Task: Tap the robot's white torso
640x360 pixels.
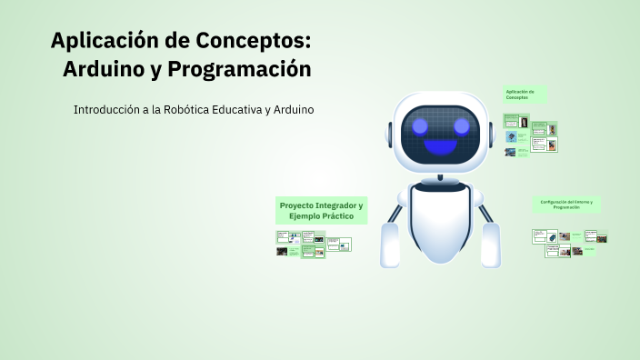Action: point(441,223)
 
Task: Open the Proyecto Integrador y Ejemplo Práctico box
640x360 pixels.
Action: point(321,211)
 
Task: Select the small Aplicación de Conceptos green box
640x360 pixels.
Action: point(525,94)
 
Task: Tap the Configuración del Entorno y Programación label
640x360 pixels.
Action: point(565,205)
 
